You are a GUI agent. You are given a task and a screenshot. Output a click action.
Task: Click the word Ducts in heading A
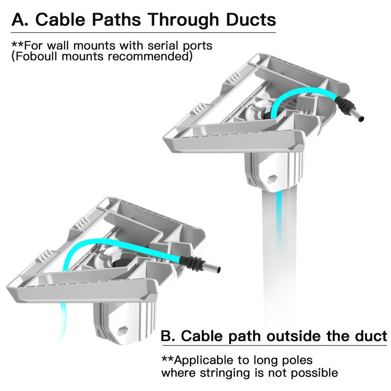251,20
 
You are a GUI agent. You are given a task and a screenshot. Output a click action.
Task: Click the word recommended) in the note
150,56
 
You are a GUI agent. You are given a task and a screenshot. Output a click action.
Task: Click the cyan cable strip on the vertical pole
279,219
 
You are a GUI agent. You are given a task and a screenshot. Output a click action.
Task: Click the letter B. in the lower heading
168,336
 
